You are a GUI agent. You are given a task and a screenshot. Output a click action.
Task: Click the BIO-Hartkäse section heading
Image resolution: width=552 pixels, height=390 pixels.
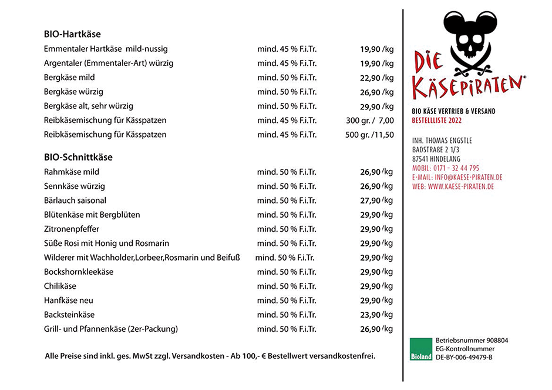(72, 34)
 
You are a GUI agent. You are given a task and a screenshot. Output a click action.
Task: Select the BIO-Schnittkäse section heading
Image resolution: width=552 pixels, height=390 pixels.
(78, 157)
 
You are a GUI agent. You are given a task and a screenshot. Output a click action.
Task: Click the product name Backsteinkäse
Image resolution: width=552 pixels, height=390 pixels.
(69, 315)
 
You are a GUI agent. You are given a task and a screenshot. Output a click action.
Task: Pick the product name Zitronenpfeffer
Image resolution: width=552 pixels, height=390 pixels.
(72, 229)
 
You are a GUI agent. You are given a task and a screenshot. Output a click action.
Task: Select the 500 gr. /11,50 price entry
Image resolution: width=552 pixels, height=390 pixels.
(369, 135)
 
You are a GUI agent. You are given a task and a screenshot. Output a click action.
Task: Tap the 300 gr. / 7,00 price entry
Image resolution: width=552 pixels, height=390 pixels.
(370, 121)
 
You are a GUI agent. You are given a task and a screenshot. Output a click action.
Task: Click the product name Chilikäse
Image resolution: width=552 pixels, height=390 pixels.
(60, 286)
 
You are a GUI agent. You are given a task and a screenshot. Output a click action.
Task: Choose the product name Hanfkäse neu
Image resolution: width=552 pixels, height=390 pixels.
(69, 301)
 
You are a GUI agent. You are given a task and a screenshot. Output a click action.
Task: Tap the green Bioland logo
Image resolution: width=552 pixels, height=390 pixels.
(421, 349)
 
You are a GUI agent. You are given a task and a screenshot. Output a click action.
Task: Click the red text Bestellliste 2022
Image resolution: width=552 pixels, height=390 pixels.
(437, 121)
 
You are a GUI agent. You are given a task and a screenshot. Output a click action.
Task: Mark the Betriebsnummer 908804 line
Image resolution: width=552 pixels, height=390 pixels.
(472, 341)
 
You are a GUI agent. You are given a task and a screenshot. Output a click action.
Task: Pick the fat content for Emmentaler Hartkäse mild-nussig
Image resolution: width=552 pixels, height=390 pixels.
(287, 49)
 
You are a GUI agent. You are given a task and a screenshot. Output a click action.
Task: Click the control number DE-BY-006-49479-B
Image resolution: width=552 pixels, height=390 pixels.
(464, 358)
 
